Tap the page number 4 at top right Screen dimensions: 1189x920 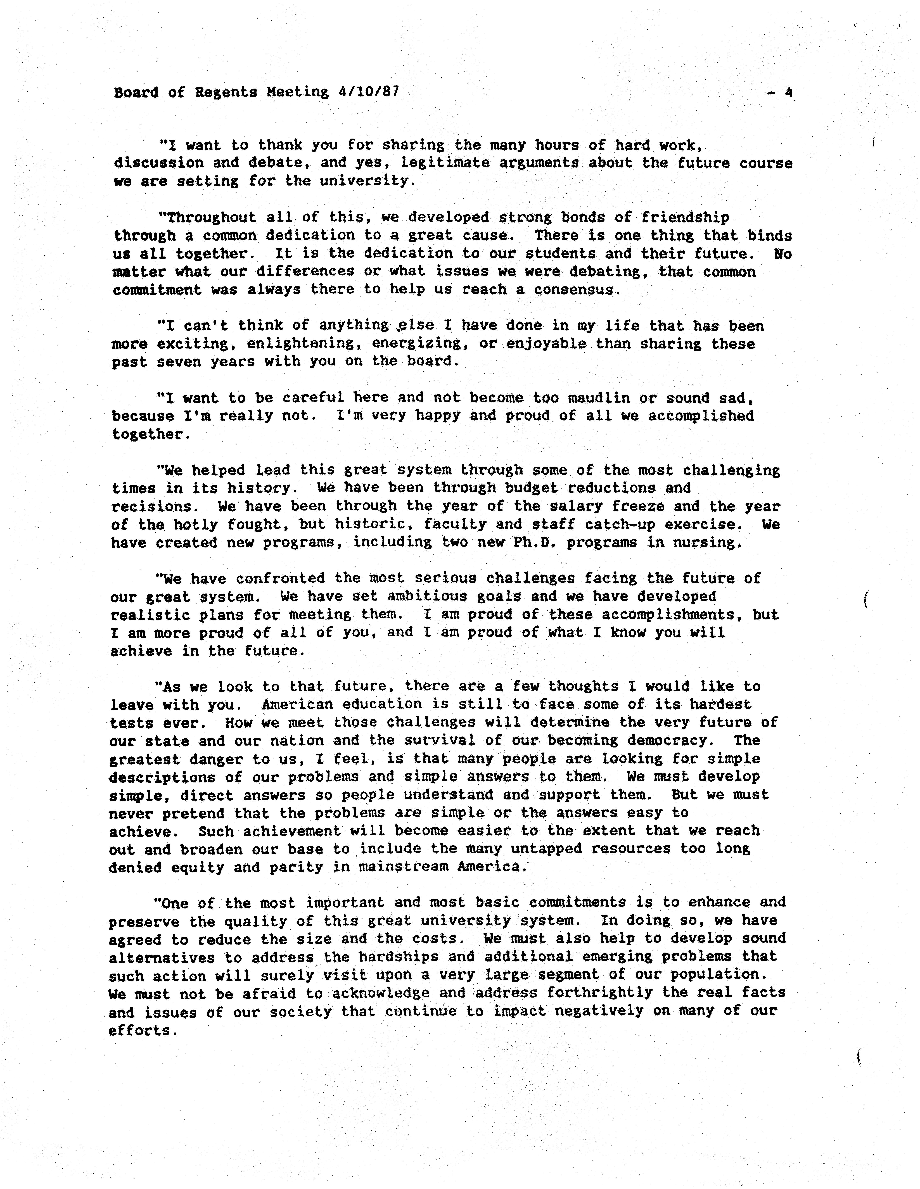(x=788, y=92)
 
